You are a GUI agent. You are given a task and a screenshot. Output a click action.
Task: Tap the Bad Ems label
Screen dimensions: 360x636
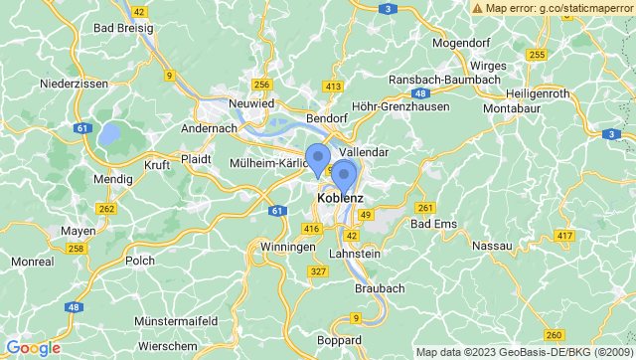click(433, 225)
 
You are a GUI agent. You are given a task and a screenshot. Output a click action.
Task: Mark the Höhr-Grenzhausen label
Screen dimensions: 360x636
click(400, 105)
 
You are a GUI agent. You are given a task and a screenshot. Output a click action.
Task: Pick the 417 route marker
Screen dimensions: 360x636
click(565, 236)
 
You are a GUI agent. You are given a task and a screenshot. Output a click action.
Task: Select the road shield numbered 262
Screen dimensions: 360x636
click(105, 208)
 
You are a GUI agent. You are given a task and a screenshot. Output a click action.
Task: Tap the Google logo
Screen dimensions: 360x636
click(33, 347)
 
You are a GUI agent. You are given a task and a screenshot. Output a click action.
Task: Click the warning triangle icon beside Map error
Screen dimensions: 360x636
click(479, 8)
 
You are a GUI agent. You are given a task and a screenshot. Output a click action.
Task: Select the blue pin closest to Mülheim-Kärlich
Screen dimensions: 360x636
click(317, 159)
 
